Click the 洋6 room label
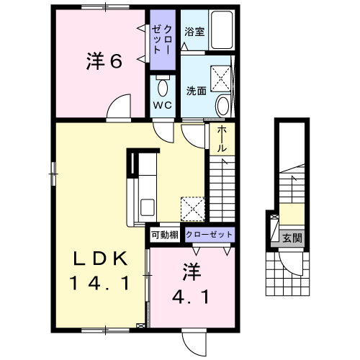coord(104,61)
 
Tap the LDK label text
coord(100,258)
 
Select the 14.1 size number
coord(99,283)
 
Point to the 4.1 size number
coord(191,297)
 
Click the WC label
coord(163,105)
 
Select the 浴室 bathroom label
coord(194,32)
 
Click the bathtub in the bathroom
coord(222,30)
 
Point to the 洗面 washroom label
coord(197,91)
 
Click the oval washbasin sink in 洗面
coord(223,106)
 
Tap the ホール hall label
coord(222,139)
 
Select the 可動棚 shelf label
coord(165,235)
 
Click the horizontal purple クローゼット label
coord(209,234)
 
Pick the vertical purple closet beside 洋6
coord(163,40)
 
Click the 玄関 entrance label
coord(292,238)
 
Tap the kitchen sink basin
coord(148,207)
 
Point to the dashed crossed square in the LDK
coord(193,209)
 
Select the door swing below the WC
coord(163,132)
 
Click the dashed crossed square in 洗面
coord(221,79)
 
